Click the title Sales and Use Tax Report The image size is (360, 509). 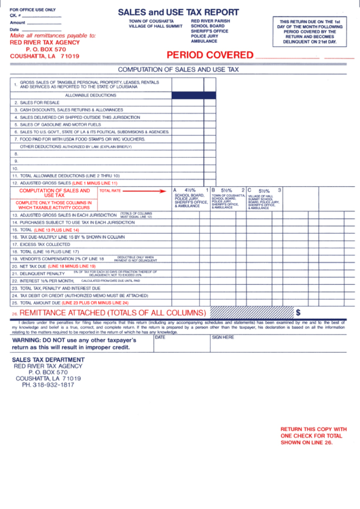tap(178, 12)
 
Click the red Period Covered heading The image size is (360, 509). tap(208, 55)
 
